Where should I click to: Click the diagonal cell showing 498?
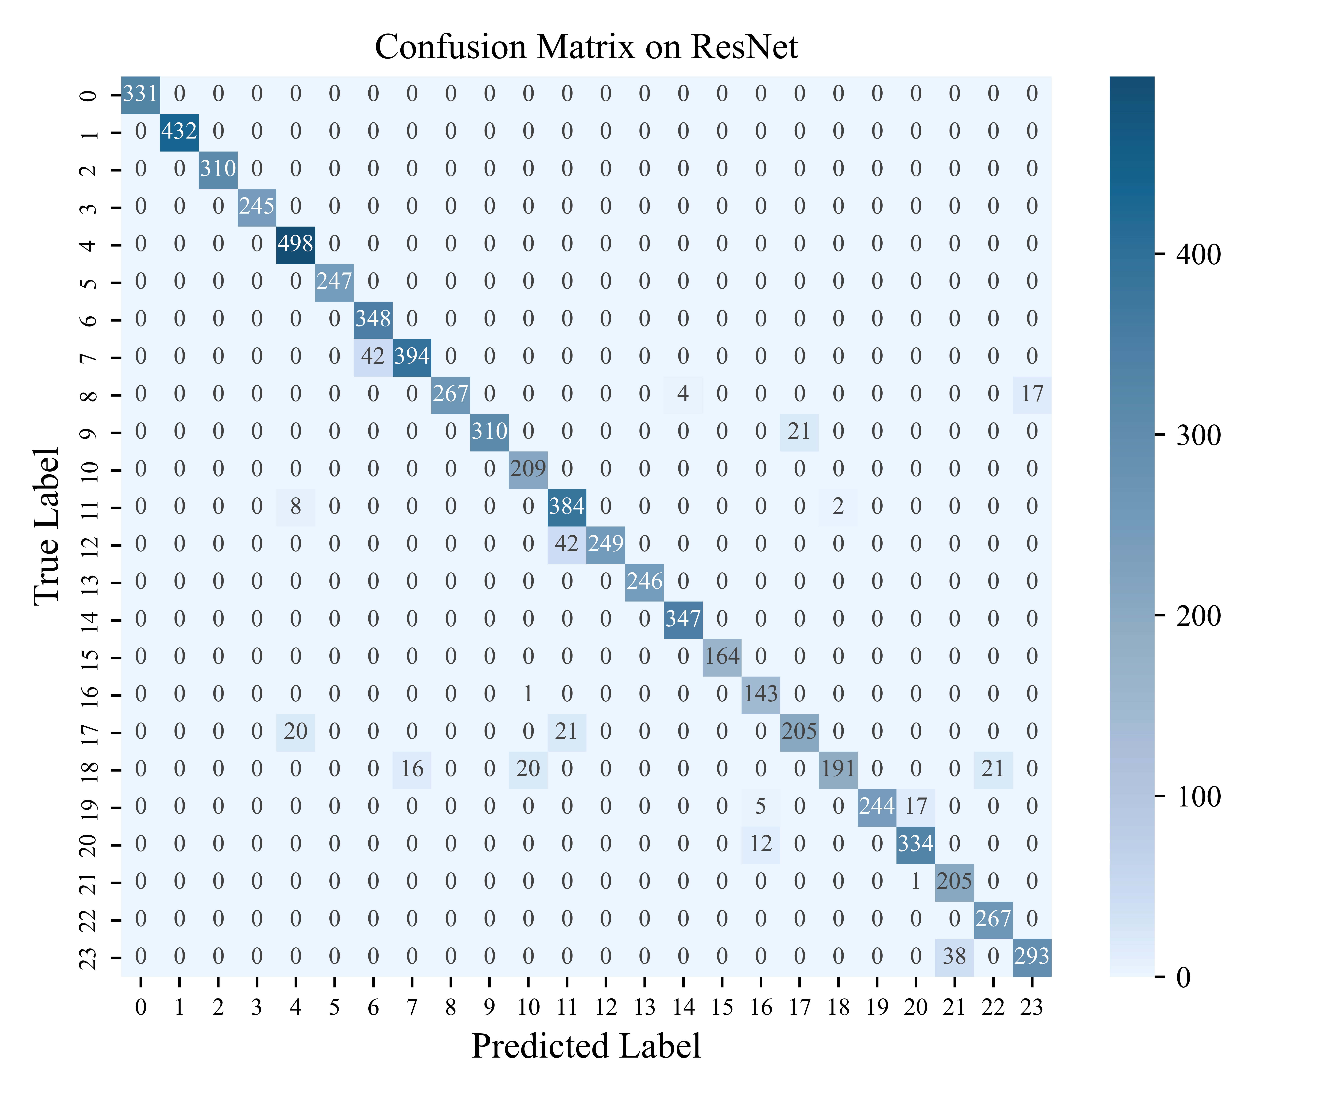tap(295, 243)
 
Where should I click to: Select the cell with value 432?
tap(179, 131)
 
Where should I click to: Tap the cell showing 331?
tap(140, 94)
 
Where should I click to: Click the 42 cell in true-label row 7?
tap(373, 356)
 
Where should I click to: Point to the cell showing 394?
tap(412, 356)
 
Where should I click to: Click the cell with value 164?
tap(722, 656)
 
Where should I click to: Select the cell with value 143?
tap(761, 694)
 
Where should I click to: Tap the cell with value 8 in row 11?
tap(295, 506)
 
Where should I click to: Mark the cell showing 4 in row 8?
tap(683, 394)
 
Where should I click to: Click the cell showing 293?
tap(1032, 956)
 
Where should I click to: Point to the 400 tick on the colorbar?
tap(1198, 255)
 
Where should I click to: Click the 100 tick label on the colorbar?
tap(1198, 797)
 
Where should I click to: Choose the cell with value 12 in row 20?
tap(761, 844)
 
